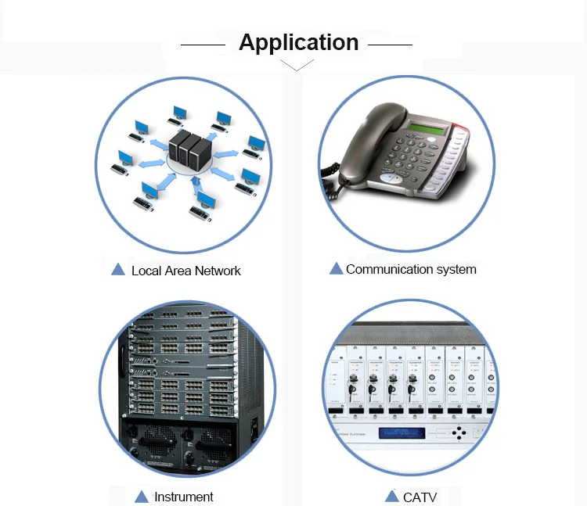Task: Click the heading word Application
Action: click(298, 42)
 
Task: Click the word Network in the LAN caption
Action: click(218, 271)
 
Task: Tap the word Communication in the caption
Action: click(385, 269)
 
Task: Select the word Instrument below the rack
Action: click(183, 497)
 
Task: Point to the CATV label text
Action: click(420, 497)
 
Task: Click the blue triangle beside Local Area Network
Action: click(118, 269)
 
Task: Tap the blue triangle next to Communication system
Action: click(336, 268)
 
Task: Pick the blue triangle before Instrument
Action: click(142, 496)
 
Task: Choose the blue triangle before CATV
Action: click(392, 496)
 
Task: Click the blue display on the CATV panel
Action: click(402, 433)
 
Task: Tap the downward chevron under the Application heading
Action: click(297, 66)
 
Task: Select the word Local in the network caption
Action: click(146, 271)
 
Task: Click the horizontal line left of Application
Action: click(203, 45)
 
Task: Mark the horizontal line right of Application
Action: click(390, 45)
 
